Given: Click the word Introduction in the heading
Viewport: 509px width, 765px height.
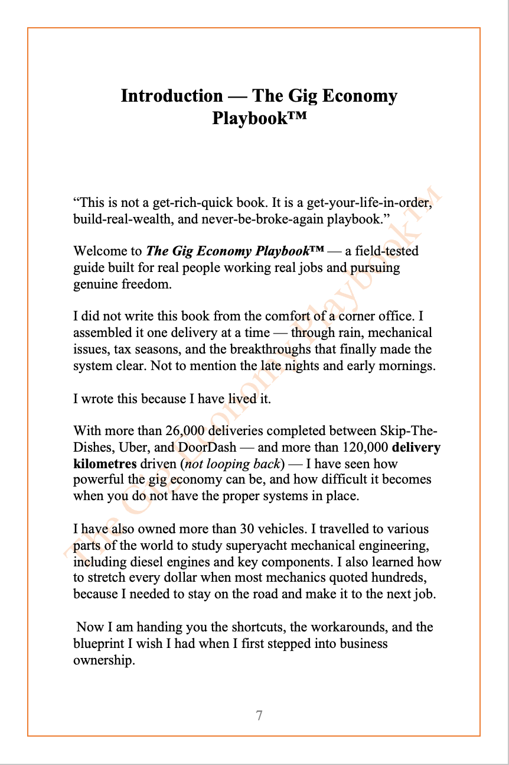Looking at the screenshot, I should tap(172, 96).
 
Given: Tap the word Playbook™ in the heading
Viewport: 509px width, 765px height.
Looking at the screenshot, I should tap(259, 118).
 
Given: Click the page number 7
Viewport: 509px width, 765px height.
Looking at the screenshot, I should tap(259, 715).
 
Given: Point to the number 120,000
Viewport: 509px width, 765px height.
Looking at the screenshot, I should tap(364, 447).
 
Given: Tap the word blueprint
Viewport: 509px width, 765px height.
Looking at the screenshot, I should tap(98, 643).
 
